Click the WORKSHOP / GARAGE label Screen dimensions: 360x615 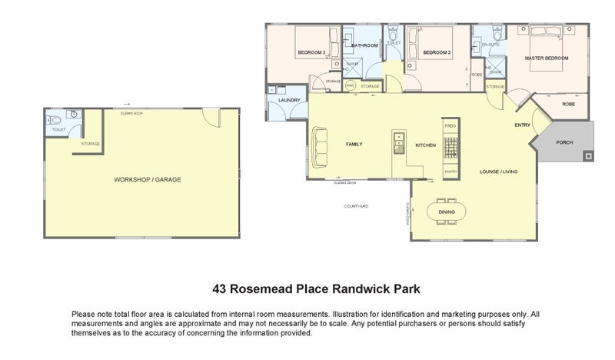point(148,179)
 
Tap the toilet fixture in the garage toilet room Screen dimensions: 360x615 point(52,119)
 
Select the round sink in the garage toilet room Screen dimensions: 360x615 point(74,115)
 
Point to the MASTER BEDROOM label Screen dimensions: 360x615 point(547,58)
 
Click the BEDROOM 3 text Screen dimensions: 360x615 point(312,52)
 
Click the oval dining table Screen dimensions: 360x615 point(446,212)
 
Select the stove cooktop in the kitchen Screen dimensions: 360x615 point(450,146)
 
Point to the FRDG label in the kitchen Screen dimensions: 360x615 point(450,125)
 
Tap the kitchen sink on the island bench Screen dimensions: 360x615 point(398,139)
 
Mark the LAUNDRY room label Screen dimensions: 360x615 point(289,101)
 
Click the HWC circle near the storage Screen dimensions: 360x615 point(351,85)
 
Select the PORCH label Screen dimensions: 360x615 point(564,142)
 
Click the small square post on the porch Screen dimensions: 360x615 point(588,156)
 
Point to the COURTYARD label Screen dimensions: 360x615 point(356,207)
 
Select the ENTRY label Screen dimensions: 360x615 point(523,125)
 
